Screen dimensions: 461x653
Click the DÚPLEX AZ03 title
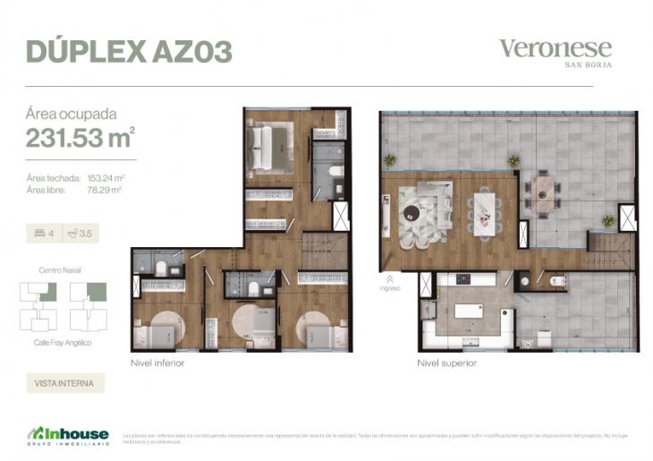coord(129,51)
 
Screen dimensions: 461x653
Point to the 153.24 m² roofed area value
coord(105,179)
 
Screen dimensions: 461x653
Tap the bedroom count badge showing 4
coord(44,234)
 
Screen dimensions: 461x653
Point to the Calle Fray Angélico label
coord(63,343)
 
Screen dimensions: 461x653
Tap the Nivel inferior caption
coord(158,364)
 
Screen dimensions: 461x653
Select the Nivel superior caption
coord(446,364)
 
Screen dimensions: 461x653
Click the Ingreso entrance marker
coord(389,283)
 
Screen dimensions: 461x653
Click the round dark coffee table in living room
coord(411,213)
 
